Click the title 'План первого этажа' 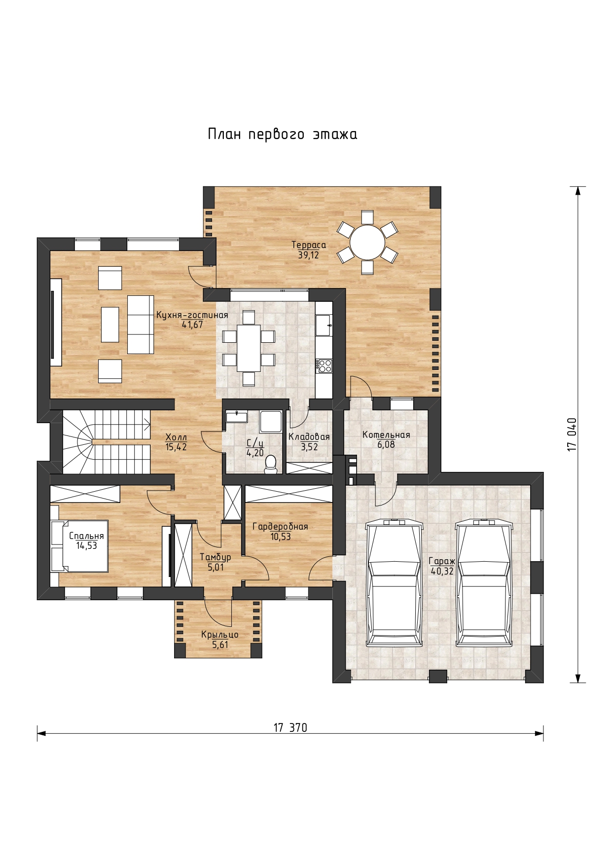283,134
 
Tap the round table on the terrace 367,242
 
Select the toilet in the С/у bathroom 270,464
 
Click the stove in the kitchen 324,366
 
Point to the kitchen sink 324,325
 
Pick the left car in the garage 395,582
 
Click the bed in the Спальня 79,545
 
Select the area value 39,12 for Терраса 308,255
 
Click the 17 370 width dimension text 290,727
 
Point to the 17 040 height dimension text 572,434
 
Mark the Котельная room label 386,434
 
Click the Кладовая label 309,437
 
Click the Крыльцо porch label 220,635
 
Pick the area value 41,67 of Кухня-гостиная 192,324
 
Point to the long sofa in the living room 141,324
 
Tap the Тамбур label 215,557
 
